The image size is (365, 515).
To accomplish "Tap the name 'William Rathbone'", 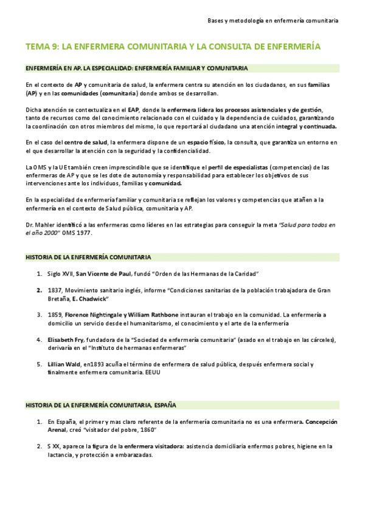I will point(153,315).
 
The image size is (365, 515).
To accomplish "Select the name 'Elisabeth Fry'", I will point(63,339).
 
